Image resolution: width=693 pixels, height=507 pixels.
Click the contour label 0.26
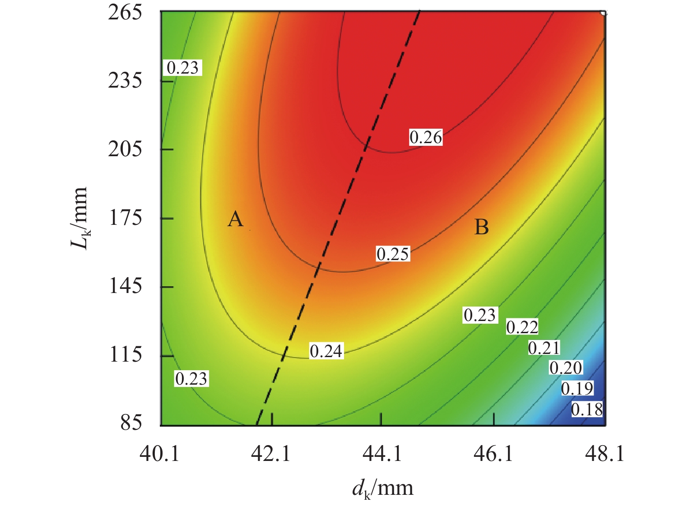(426, 137)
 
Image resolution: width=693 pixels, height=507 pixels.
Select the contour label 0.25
(393, 254)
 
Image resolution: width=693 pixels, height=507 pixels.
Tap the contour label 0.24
(326, 351)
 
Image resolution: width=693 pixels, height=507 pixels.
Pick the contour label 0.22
(522, 327)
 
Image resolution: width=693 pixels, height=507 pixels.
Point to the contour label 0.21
(544, 348)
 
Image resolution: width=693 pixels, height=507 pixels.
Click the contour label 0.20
(566, 368)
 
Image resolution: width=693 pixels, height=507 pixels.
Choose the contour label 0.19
(577, 388)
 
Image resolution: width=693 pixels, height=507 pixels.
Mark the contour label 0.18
(587, 409)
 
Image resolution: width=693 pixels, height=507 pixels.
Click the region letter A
(235, 219)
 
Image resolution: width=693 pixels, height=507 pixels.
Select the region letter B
(481, 227)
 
